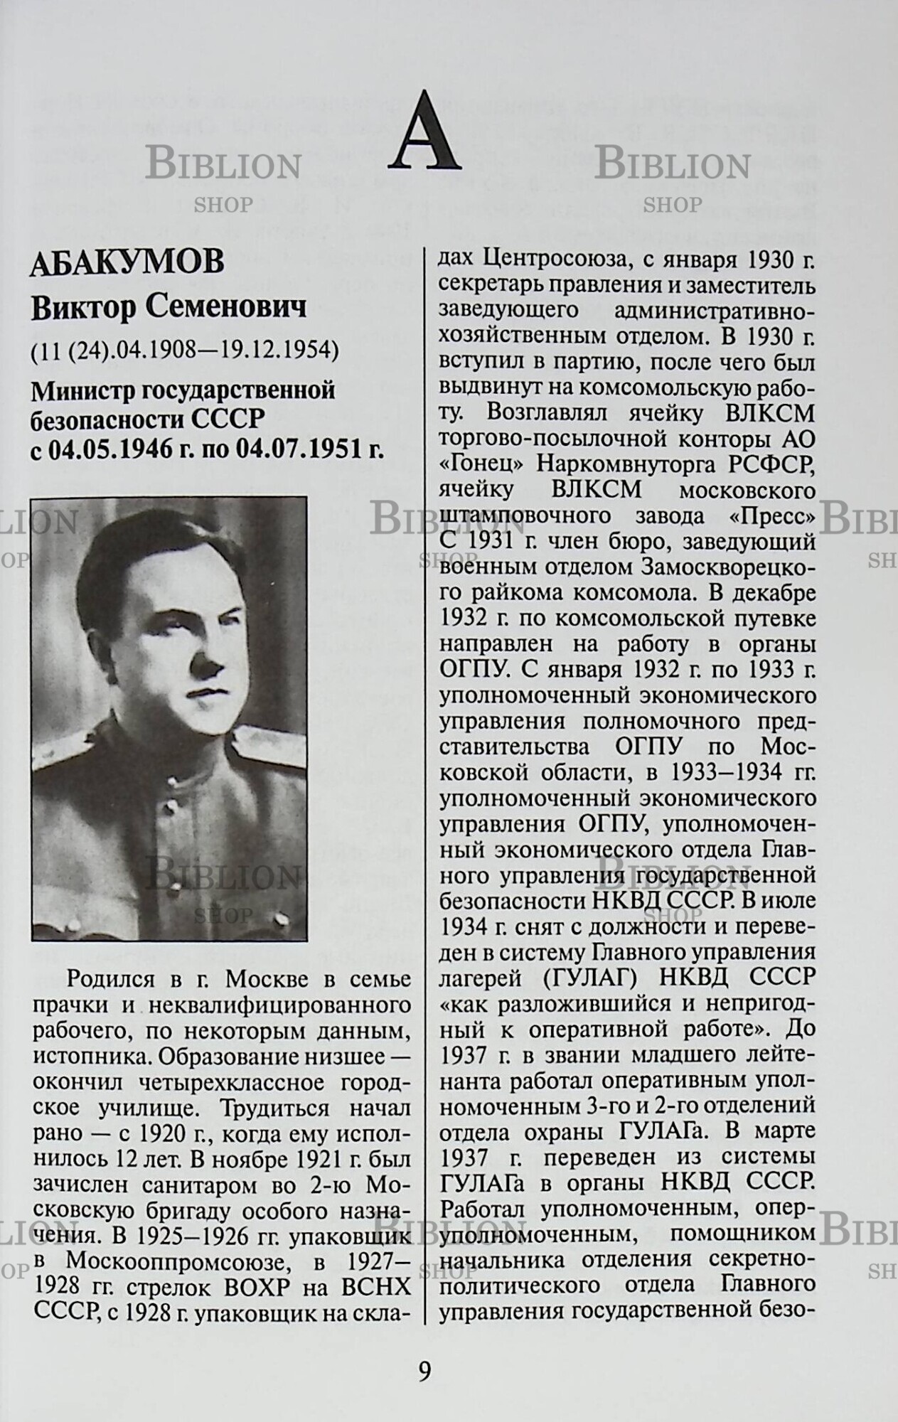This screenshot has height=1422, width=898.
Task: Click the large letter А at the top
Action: point(424,132)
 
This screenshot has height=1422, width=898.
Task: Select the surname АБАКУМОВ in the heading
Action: point(127,263)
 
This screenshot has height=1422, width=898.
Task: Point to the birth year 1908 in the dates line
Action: point(155,350)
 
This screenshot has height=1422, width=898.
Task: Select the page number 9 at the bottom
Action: point(424,1370)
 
